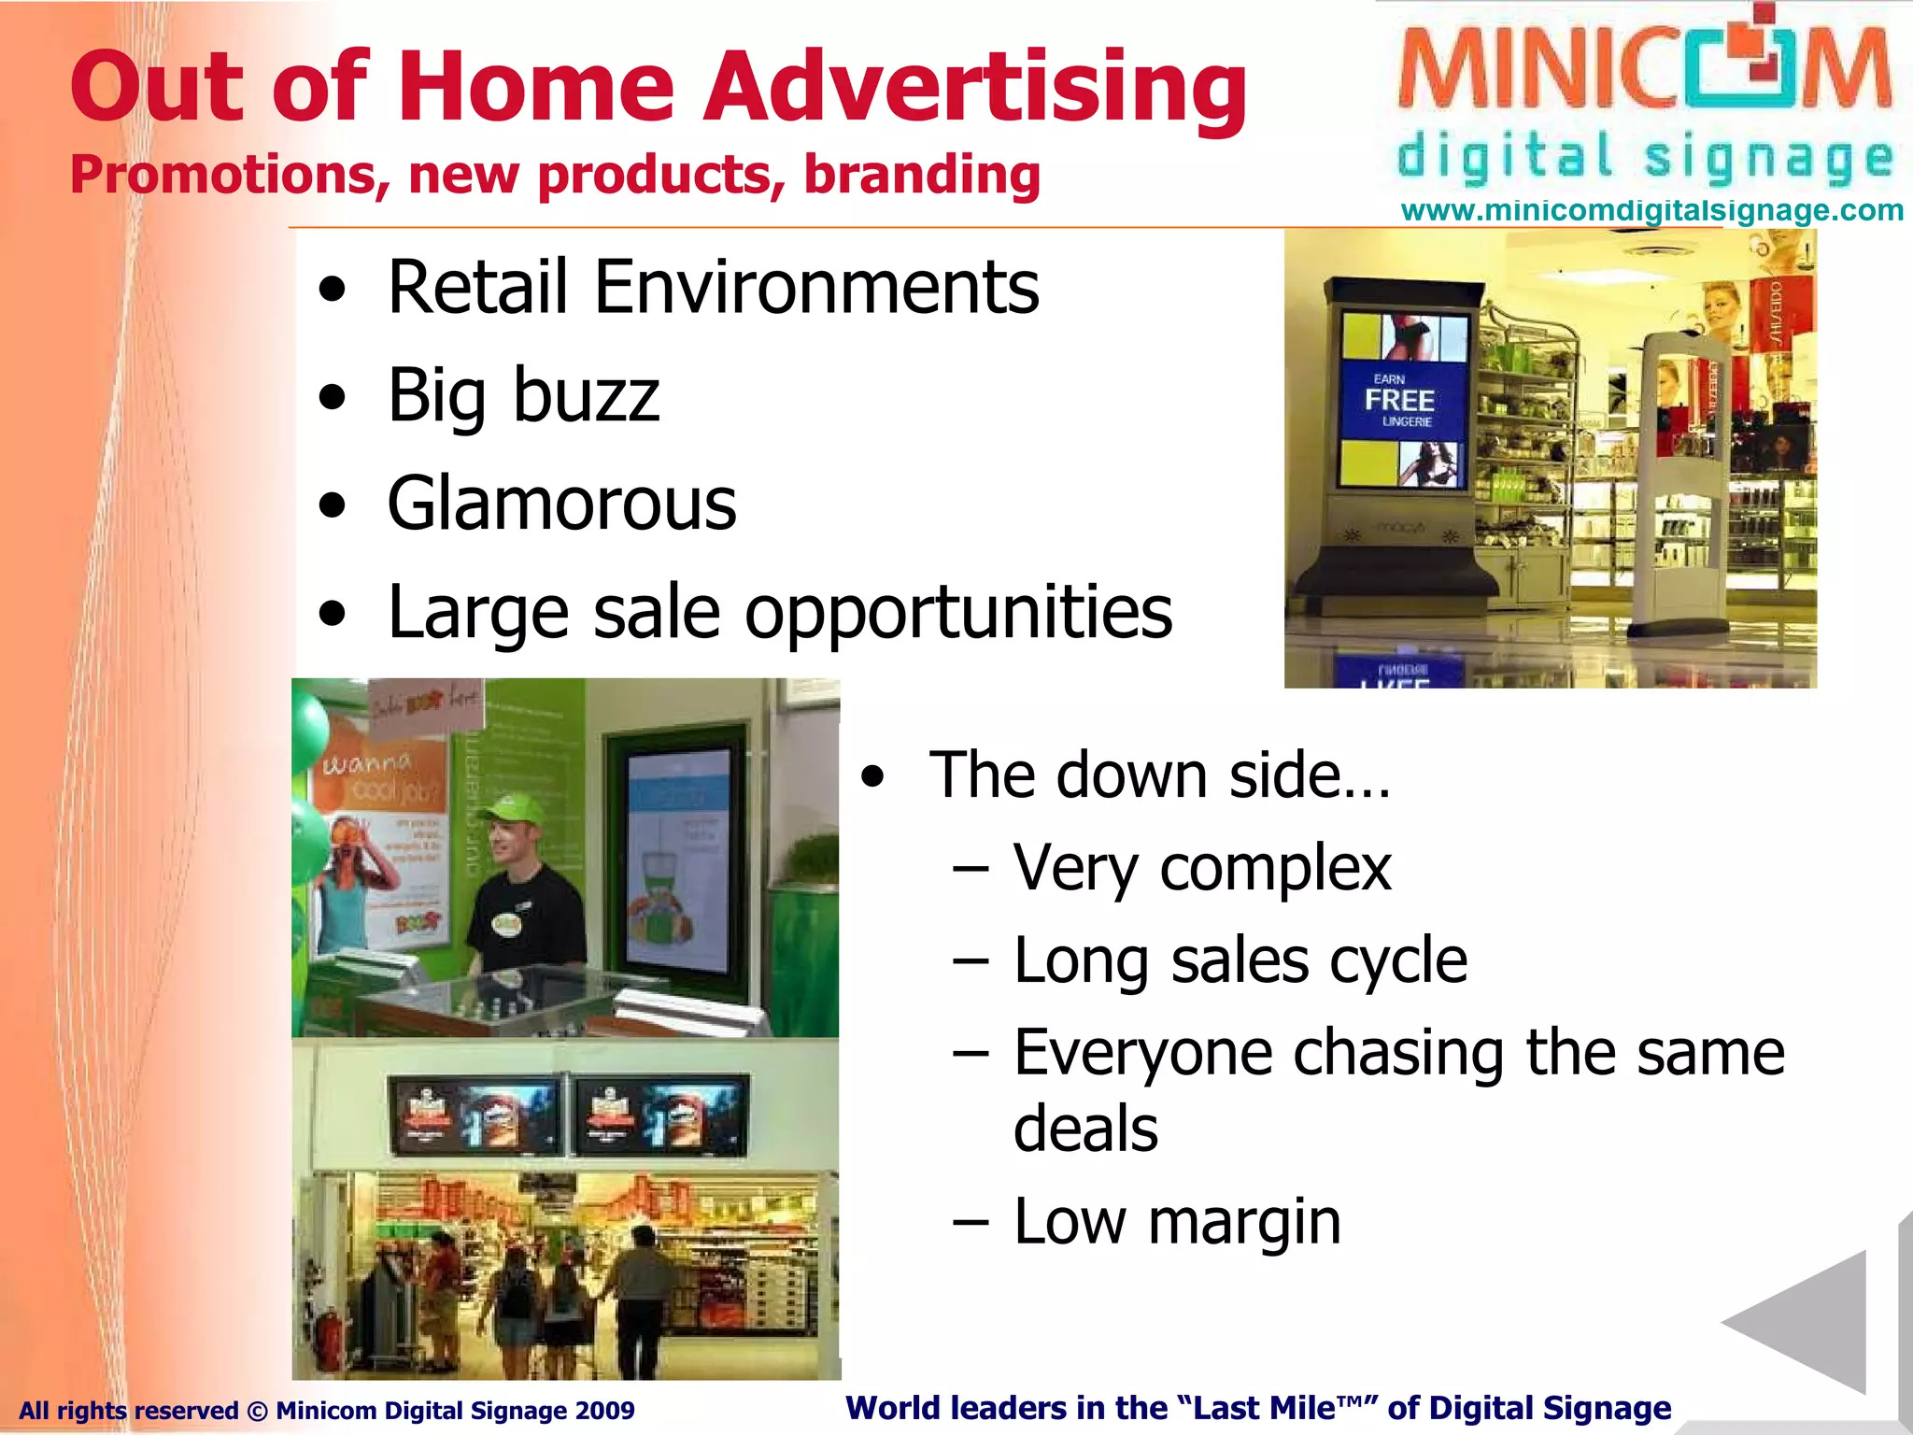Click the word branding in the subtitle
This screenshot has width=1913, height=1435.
click(921, 175)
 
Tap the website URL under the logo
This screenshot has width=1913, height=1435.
click(1651, 210)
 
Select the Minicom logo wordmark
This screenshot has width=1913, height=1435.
click(1644, 68)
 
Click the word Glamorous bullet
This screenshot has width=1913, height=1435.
click(561, 504)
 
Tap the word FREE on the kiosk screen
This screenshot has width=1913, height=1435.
click(1398, 401)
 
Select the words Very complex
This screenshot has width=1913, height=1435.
click(1202, 868)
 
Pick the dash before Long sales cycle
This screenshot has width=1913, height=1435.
click(971, 961)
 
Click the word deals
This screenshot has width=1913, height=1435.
click(1085, 1128)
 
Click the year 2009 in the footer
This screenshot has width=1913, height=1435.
click(605, 1411)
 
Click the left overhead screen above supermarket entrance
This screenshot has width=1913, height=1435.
click(475, 1115)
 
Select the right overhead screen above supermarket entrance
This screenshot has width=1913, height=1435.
click(659, 1115)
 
